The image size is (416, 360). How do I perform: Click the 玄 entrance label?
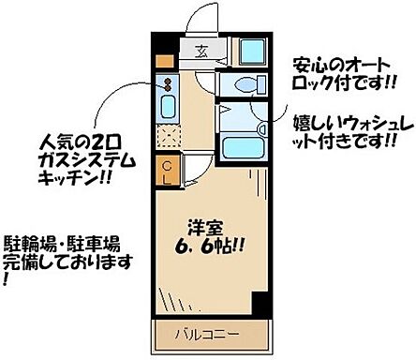203,52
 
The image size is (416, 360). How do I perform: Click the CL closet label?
166,171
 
